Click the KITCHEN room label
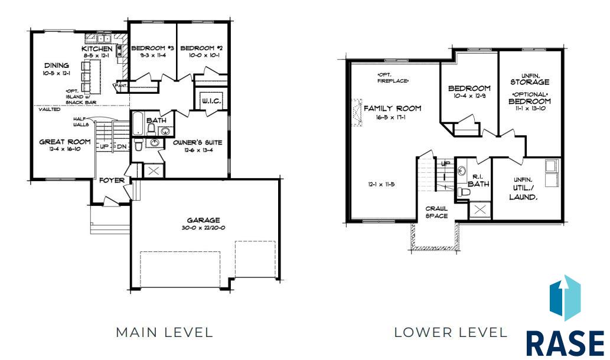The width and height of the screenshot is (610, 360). coord(97,49)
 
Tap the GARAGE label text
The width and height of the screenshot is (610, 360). coord(203,220)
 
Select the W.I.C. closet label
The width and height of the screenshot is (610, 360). coord(211,101)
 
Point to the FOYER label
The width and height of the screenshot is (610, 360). coord(112,181)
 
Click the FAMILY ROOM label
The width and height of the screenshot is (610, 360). coord(393,109)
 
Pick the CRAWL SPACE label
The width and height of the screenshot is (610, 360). coord(436,212)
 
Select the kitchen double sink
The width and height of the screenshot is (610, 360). coord(103,38)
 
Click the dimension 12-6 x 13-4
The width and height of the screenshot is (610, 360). coord(198,150)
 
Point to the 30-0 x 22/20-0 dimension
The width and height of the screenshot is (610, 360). coord(203,228)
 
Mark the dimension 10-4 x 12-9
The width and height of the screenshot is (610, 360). coord(469,96)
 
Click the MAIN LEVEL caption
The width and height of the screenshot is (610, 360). coord(165,332)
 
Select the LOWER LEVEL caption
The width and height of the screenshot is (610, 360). coord(451,332)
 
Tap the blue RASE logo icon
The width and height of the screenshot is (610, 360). coord(565,298)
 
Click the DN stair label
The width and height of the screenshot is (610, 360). coord(122,146)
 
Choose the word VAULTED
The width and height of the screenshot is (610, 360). coord(50,110)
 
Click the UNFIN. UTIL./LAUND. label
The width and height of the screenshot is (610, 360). coord(523,188)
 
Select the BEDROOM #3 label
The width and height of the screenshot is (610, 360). coord(152,48)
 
